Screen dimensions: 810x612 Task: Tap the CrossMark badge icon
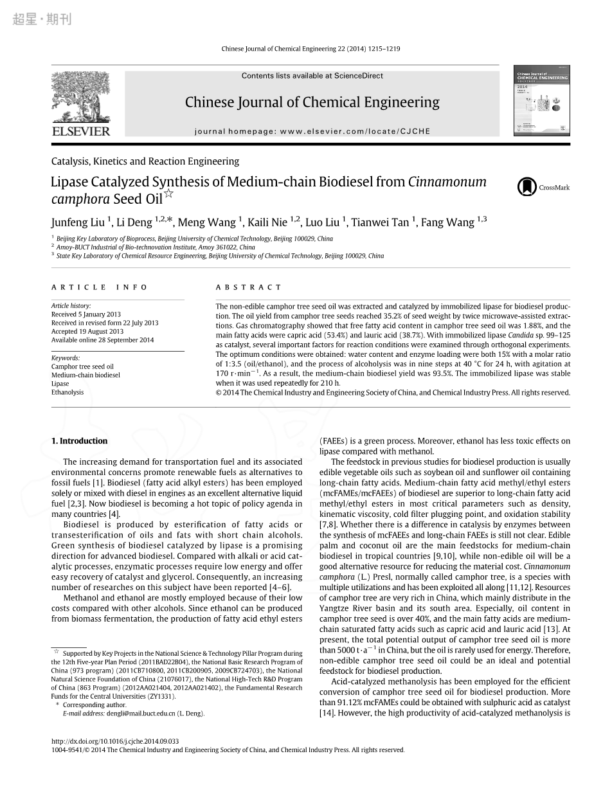point(526,187)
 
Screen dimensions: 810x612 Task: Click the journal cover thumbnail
point(541,100)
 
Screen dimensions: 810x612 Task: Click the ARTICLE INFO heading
point(100,287)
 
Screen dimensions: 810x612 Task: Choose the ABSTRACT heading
point(249,287)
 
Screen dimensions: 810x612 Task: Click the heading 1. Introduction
point(79,441)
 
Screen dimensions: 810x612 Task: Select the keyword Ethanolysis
point(67,392)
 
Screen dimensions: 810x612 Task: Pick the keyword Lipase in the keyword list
point(60,384)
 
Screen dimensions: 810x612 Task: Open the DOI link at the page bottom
point(114,741)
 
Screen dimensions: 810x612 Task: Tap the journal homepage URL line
point(312,131)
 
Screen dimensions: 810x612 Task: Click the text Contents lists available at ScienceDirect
point(312,76)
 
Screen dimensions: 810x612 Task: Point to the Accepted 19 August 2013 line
point(87,332)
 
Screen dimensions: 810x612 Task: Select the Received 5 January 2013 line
point(86,314)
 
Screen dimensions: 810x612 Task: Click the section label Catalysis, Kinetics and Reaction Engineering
point(145,161)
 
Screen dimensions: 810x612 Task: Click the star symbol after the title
point(169,193)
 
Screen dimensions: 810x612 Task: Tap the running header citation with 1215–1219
point(310,49)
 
